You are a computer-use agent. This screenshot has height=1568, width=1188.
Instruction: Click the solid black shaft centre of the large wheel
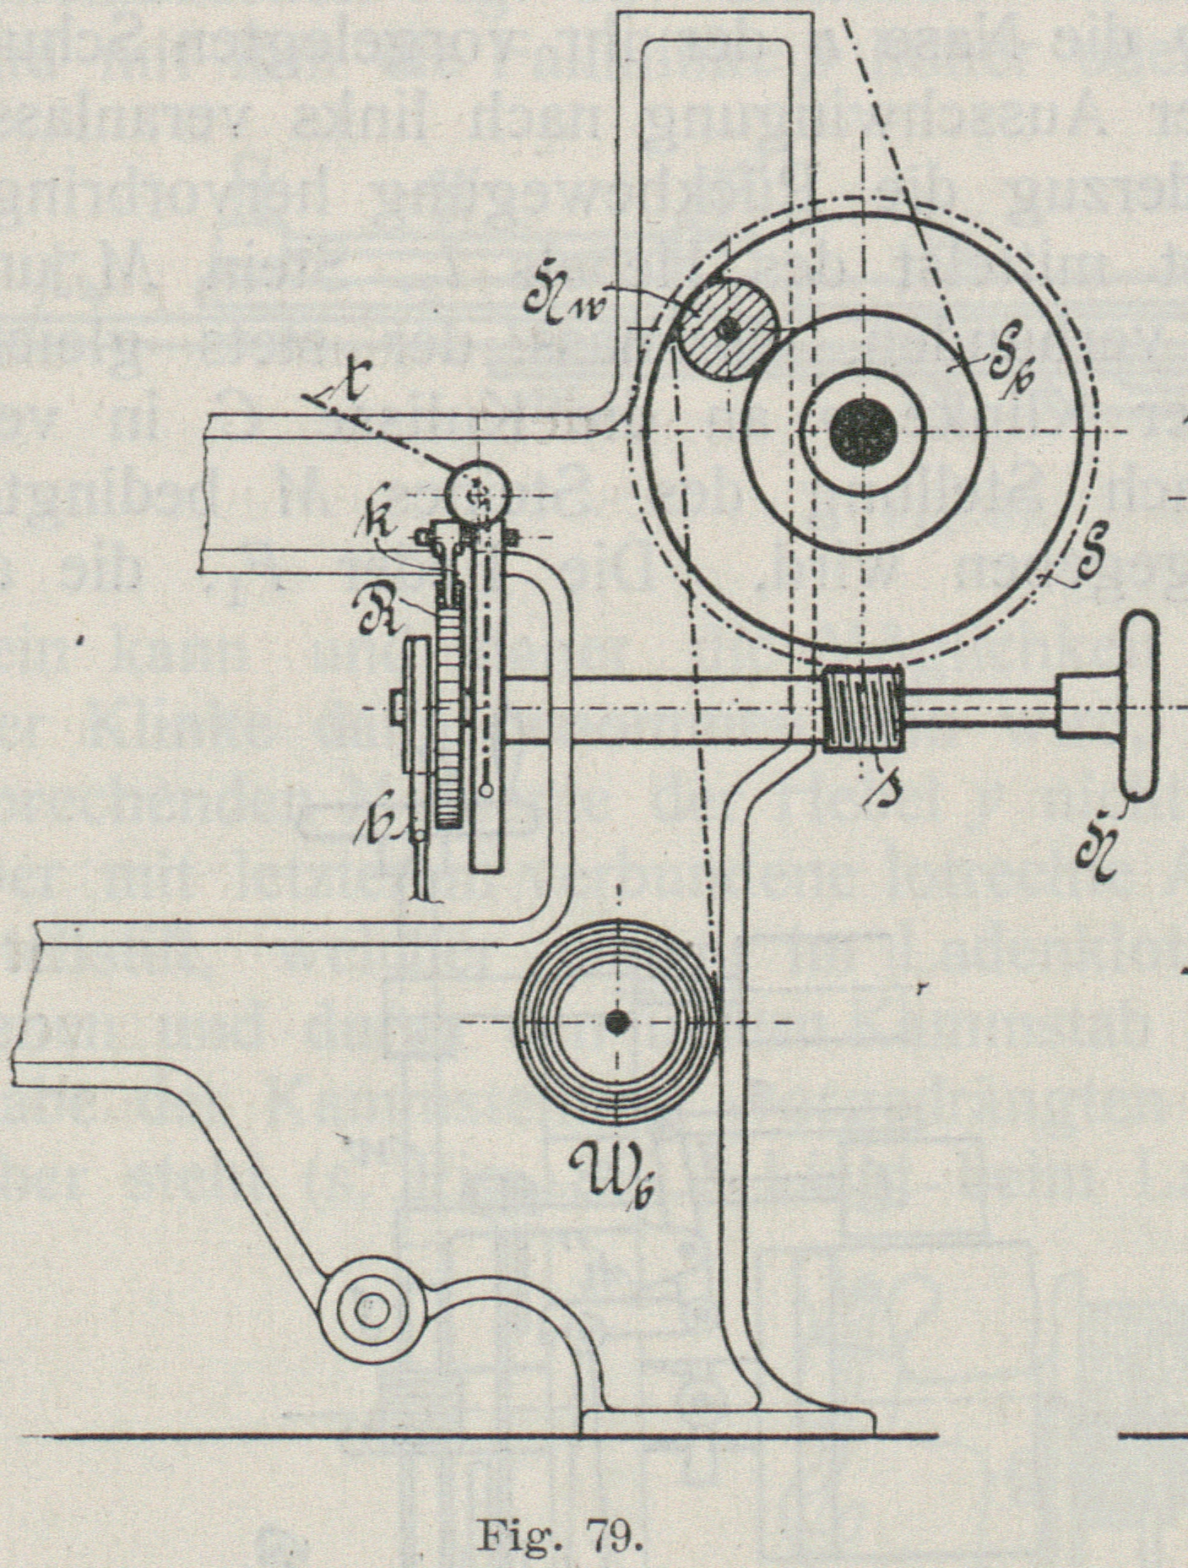point(862,431)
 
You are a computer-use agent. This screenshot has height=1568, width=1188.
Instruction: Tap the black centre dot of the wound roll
point(619,1023)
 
